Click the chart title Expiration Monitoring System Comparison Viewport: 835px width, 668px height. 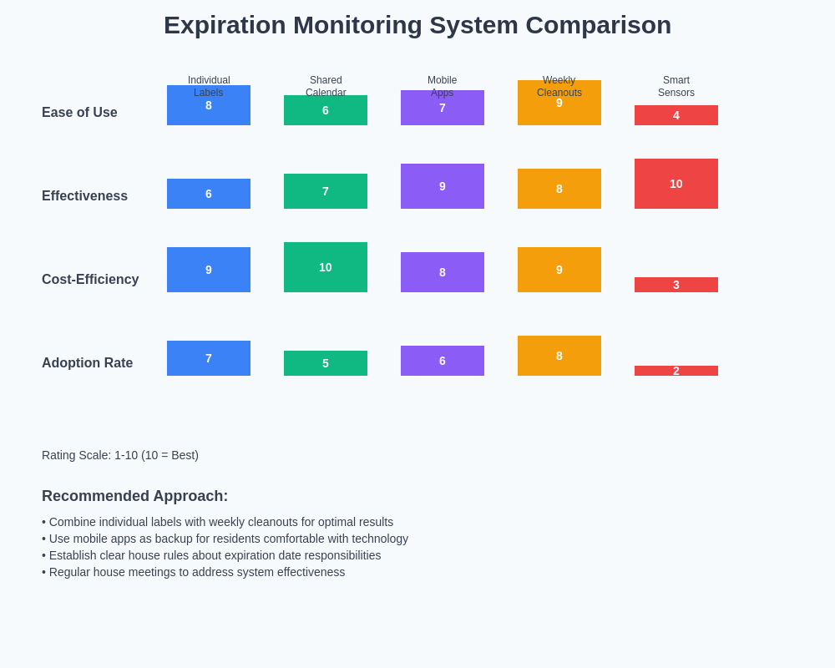[x=417, y=25]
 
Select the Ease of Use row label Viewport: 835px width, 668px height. [x=79, y=113]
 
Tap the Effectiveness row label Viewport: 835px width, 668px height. [x=84, y=196]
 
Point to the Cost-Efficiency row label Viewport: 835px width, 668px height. [x=90, y=280]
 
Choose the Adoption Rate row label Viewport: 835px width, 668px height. [x=87, y=363]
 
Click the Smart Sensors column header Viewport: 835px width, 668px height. [x=676, y=87]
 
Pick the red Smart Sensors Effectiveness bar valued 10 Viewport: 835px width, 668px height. [x=676, y=184]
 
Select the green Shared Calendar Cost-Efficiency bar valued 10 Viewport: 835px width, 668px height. [x=326, y=267]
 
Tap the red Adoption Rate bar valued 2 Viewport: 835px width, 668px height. [x=676, y=371]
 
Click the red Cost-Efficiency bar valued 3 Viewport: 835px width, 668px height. [x=676, y=285]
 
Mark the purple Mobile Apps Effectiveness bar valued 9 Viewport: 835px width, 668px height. [x=443, y=186]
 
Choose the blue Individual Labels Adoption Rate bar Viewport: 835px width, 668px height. [x=209, y=358]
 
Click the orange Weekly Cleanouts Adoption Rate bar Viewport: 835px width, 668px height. [x=559, y=356]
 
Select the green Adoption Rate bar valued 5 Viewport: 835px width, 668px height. [x=326, y=363]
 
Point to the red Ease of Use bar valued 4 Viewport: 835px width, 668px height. [x=676, y=115]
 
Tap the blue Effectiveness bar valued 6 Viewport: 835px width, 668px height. [x=209, y=194]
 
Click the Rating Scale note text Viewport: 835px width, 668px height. [x=120, y=455]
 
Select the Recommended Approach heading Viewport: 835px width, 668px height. [x=134, y=496]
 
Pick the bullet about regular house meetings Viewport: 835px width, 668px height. [x=194, y=572]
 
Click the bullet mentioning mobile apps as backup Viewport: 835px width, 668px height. [x=225, y=539]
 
